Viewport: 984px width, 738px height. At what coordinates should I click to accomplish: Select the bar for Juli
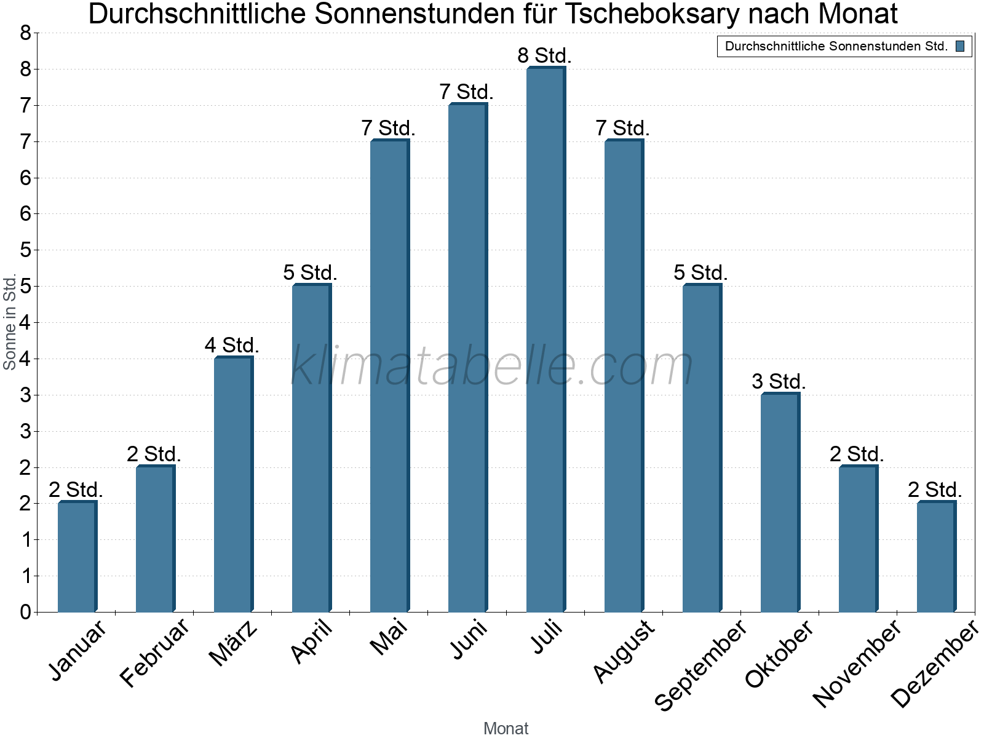(x=546, y=339)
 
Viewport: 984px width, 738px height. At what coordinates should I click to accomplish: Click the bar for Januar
(x=77, y=557)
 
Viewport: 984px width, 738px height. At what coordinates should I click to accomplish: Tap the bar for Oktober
(x=780, y=502)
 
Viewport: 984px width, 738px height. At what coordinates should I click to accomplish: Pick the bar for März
(x=233, y=485)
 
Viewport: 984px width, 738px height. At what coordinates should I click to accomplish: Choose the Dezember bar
(x=936, y=557)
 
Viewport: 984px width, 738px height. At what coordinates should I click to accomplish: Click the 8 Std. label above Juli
(x=545, y=55)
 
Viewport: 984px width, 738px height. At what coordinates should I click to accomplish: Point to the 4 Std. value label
(x=232, y=345)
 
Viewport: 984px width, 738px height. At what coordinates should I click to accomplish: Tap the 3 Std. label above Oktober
(x=779, y=381)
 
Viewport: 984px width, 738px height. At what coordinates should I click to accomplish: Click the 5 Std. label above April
(x=310, y=272)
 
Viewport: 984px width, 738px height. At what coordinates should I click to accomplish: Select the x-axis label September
(x=700, y=665)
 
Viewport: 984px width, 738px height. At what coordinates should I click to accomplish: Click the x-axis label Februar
(x=154, y=653)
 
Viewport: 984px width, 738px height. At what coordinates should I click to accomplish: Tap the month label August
(x=624, y=651)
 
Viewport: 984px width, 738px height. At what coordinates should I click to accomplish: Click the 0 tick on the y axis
(x=25, y=612)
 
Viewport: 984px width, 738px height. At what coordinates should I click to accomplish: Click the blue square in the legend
(x=960, y=46)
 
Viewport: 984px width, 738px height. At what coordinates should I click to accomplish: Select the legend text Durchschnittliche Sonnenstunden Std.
(x=836, y=46)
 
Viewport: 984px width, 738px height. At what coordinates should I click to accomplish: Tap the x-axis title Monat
(x=506, y=728)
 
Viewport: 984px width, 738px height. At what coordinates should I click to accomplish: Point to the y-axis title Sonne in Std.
(x=10, y=322)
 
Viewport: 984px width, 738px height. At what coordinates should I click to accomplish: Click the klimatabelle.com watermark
(x=492, y=366)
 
